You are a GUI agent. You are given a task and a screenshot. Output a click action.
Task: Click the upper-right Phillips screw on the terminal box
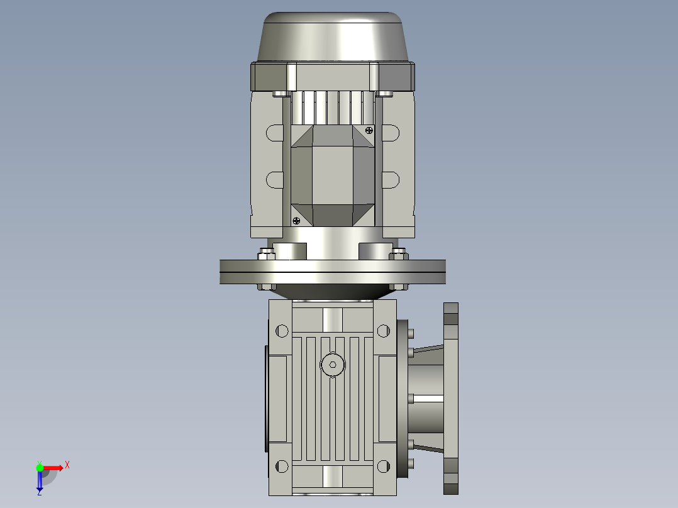(x=369, y=130)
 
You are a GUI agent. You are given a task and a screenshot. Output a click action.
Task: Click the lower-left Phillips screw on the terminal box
(x=296, y=220)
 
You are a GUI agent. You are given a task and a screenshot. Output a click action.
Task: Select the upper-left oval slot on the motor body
(x=275, y=133)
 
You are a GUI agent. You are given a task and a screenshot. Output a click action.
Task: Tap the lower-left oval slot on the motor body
(x=275, y=180)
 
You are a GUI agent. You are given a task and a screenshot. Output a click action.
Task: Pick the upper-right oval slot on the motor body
(x=391, y=133)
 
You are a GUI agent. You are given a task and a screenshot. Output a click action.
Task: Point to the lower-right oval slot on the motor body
(x=391, y=180)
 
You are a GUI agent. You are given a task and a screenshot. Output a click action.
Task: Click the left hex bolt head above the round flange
(x=267, y=254)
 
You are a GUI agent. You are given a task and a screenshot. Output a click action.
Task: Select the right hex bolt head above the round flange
(x=398, y=254)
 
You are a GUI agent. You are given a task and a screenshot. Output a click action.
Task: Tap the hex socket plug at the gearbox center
(x=333, y=364)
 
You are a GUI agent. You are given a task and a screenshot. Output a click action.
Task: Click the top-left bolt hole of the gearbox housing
(x=282, y=330)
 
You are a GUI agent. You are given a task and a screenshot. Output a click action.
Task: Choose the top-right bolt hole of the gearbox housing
(x=383, y=330)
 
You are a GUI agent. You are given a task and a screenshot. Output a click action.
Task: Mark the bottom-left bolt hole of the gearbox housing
(x=282, y=466)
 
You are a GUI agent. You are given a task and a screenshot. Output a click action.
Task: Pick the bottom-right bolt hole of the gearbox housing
(x=383, y=466)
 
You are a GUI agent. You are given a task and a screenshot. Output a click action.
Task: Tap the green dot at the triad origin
(x=40, y=467)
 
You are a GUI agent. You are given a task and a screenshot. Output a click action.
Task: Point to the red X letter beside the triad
(x=67, y=465)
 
